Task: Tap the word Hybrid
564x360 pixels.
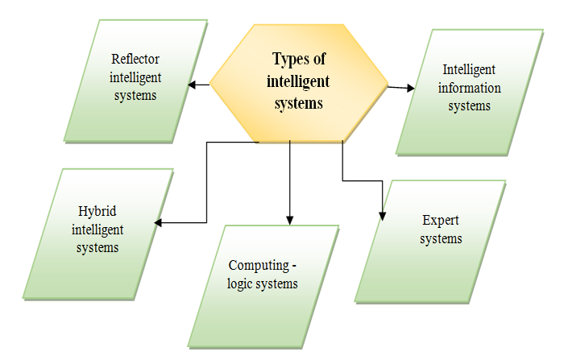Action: [x=97, y=212]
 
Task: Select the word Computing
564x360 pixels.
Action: [x=256, y=265]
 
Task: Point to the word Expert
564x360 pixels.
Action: [x=441, y=220]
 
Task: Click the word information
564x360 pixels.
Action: [x=469, y=88]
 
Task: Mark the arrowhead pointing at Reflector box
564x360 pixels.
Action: [x=192, y=83]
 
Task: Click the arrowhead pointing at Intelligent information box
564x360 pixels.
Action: [x=409, y=87]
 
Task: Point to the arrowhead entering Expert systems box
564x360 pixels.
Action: [x=383, y=215]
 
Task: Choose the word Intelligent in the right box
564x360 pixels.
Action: [x=469, y=70]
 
